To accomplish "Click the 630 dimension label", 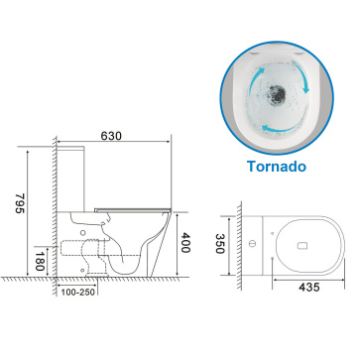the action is tap(111, 136).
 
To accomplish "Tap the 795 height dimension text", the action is tap(20, 203).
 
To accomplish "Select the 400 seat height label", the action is tap(184, 243).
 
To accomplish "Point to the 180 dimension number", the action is tap(40, 261).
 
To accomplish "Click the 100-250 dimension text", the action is tap(78, 293).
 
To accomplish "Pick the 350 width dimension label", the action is tap(220, 244).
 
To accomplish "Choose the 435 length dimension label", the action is tap(309, 288).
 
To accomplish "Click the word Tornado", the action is tap(277, 166).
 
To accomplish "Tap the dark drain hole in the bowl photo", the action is tap(276, 93).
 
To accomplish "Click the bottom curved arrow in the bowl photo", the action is tap(278, 128).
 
